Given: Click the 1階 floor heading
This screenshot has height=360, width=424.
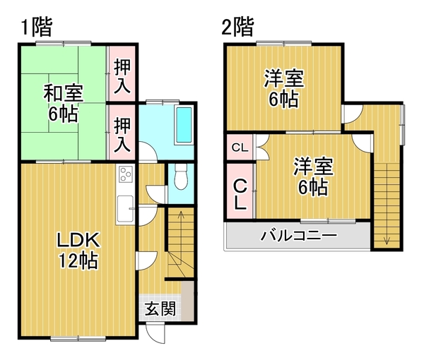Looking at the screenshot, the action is click(x=36, y=27).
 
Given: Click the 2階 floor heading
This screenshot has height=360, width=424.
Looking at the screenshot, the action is click(x=237, y=27).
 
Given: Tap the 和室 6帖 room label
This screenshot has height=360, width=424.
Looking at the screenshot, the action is click(x=64, y=104).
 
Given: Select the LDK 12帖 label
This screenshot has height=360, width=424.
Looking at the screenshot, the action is click(x=78, y=251).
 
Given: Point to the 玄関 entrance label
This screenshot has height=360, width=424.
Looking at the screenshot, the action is click(x=160, y=308).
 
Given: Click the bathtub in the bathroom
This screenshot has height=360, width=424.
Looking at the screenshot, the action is click(x=184, y=125).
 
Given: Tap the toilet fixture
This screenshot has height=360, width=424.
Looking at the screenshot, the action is click(x=180, y=177).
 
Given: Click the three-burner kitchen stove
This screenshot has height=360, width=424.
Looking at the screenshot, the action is click(x=126, y=174).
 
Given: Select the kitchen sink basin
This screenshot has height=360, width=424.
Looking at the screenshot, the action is click(x=126, y=208).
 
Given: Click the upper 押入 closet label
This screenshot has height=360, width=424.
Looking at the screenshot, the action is click(x=122, y=76).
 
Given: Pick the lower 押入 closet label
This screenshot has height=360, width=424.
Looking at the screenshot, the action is click(x=122, y=135).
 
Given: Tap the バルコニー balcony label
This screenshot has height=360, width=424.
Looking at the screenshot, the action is click(x=299, y=235).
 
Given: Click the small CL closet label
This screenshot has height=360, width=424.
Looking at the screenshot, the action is click(x=240, y=148).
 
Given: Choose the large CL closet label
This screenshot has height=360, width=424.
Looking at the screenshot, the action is click(x=240, y=194).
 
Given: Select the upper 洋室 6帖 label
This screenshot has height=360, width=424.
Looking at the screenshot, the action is click(x=284, y=88).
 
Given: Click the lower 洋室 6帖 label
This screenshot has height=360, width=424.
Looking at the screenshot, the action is click(x=314, y=176).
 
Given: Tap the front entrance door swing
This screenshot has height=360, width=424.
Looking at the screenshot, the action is click(x=155, y=332).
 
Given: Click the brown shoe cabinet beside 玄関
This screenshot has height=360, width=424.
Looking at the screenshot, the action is click(x=187, y=301).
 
